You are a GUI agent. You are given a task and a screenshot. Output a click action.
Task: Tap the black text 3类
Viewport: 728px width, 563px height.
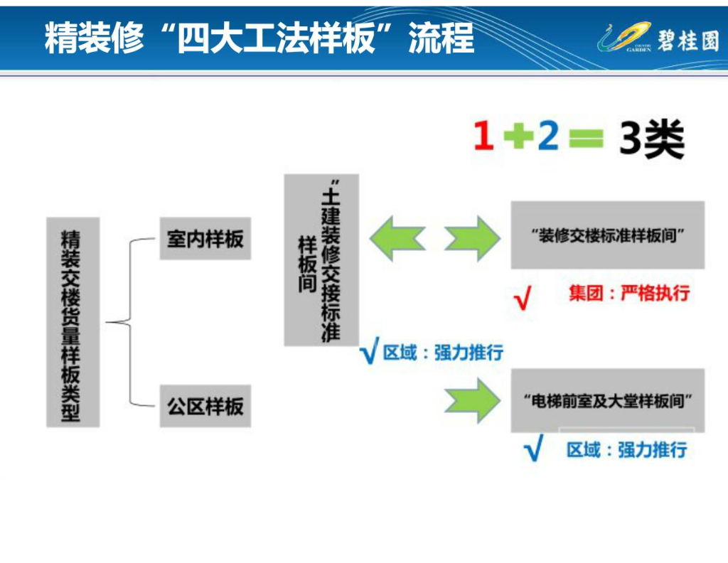point(651,139)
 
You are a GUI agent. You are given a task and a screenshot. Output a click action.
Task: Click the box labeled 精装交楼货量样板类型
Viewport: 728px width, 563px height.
point(73,322)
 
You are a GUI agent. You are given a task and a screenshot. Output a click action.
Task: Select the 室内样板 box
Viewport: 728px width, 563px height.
point(205,239)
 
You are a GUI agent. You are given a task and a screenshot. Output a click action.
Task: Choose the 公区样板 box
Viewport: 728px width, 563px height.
point(205,407)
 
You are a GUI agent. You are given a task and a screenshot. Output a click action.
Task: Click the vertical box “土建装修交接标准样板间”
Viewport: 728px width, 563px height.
point(321,260)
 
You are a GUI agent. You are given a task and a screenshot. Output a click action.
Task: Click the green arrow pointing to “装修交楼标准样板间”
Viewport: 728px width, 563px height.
point(473,237)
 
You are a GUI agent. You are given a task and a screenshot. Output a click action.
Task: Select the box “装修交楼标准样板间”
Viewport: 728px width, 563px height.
point(607,235)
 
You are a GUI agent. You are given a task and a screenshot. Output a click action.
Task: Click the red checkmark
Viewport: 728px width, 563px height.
point(523,298)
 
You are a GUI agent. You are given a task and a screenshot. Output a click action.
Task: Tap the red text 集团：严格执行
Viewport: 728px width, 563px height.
point(629,293)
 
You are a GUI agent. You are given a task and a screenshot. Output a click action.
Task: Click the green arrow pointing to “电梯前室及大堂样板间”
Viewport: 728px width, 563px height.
point(473,400)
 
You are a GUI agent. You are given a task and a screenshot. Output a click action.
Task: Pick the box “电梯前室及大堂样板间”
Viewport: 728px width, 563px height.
point(607,400)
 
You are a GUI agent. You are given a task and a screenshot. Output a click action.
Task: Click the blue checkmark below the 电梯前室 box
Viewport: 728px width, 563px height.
point(532,449)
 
